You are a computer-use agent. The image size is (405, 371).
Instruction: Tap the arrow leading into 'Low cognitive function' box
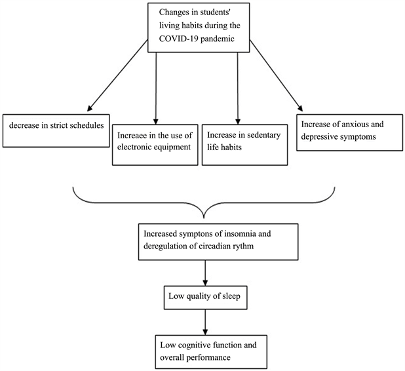[206, 322]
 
